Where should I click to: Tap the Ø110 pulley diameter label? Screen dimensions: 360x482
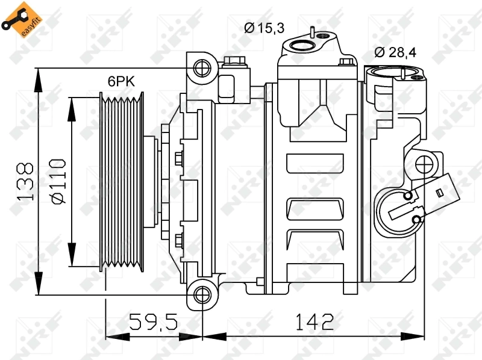click(57, 181)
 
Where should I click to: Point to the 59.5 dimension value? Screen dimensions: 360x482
click(154, 322)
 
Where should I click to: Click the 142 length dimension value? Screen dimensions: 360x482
click(314, 322)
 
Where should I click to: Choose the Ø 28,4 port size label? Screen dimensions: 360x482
click(395, 52)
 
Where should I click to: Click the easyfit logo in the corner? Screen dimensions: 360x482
click(24, 19)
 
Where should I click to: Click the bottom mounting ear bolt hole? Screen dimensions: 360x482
click(201, 294)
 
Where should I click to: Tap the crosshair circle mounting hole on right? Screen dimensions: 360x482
click(425, 163)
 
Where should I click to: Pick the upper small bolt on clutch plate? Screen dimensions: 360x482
click(178, 158)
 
